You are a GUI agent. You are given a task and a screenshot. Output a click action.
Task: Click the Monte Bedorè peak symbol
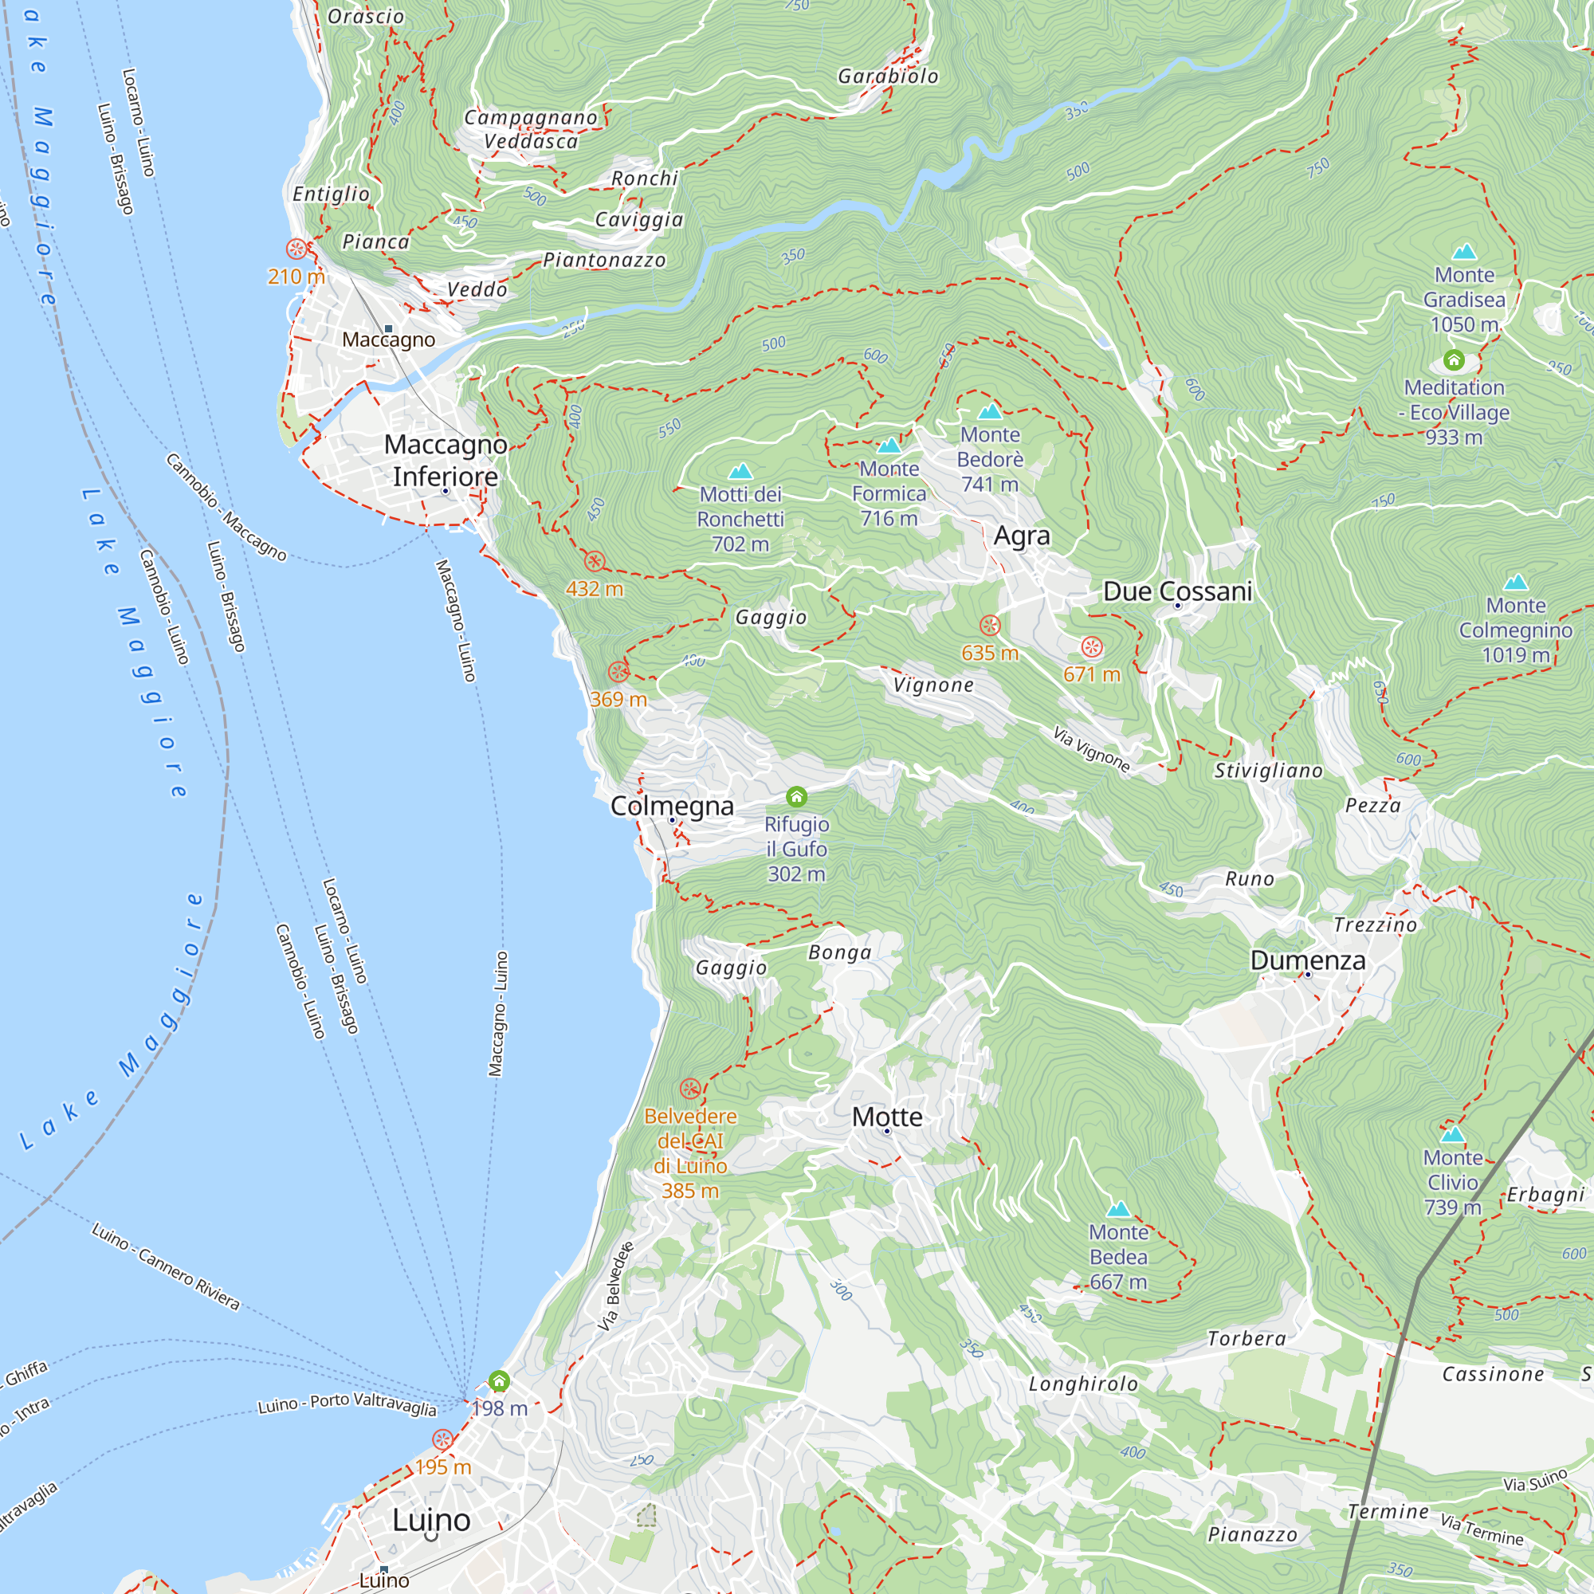coord(989,411)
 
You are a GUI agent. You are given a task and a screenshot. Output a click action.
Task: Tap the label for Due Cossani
coord(1177,591)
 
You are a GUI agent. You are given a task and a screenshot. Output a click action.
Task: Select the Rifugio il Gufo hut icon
coord(796,796)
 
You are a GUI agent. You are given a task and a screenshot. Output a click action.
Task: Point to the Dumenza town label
coord(1308,960)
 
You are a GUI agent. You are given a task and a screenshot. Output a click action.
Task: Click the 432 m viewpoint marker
coord(595,562)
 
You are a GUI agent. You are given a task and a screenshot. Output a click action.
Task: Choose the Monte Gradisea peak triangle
coord(1464,251)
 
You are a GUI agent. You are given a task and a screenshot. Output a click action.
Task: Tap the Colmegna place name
coord(672,805)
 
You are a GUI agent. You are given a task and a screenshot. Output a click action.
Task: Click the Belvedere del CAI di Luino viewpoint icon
coord(690,1088)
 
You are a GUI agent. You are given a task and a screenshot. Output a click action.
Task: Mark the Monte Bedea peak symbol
coord(1118,1210)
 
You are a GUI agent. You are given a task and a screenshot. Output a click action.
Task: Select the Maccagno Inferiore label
coord(446,461)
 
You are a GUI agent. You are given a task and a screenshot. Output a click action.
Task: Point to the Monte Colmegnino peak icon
coord(1516,583)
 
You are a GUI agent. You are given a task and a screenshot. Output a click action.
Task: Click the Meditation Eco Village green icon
coord(1454,360)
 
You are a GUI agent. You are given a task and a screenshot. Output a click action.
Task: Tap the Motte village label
coord(887,1117)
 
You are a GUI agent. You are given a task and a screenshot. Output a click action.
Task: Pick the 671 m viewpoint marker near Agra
coord(1092,646)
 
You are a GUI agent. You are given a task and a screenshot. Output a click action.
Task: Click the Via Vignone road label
coord(1091,748)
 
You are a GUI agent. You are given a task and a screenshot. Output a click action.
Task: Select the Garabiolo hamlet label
coord(888,76)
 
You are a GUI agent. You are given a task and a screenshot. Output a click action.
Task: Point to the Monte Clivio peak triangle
coord(1452,1133)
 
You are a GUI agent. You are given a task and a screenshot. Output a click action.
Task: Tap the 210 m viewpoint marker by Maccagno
coord(296,249)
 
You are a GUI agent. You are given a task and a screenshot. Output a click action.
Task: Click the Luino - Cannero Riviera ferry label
coord(165,1267)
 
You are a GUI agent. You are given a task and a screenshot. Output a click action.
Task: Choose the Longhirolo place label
coord(1082,1384)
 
